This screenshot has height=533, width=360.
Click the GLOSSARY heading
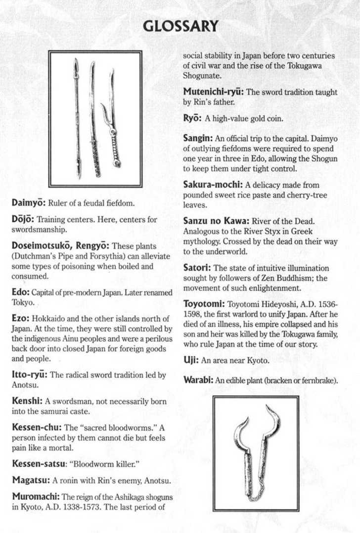180,26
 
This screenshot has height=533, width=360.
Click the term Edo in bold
20,292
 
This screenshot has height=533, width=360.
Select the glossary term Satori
196,267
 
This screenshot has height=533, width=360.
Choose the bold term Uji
190,360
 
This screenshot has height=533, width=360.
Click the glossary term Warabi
198,381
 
